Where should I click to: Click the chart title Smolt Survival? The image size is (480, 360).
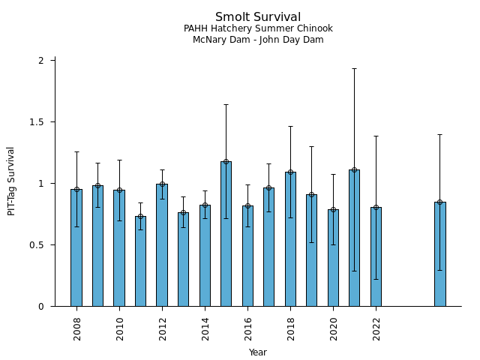click(x=258, y=17)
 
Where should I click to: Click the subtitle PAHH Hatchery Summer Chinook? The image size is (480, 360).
click(x=258, y=28)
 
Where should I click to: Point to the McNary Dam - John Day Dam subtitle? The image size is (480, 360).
click(x=258, y=40)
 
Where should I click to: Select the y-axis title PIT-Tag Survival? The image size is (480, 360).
click(x=11, y=181)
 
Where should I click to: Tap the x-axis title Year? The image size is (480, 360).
click(x=258, y=352)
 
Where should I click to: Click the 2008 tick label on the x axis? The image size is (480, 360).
click(x=77, y=328)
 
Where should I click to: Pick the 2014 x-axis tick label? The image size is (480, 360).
click(x=205, y=328)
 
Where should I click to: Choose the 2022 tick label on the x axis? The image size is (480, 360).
click(x=376, y=328)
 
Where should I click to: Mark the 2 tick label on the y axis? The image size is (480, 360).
click(x=42, y=60)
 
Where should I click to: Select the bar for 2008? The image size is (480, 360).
click(x=76, y=247)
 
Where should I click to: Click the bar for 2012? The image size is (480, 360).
click(x=162, y=244)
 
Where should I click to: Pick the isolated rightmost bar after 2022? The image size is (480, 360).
click(x=439, y=253)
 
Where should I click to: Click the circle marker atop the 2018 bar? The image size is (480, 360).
click(x=290, y=172)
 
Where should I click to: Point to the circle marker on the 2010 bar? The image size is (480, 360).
click(x=119, y=190)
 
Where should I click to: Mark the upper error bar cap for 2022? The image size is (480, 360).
click(x=376, y=136)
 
